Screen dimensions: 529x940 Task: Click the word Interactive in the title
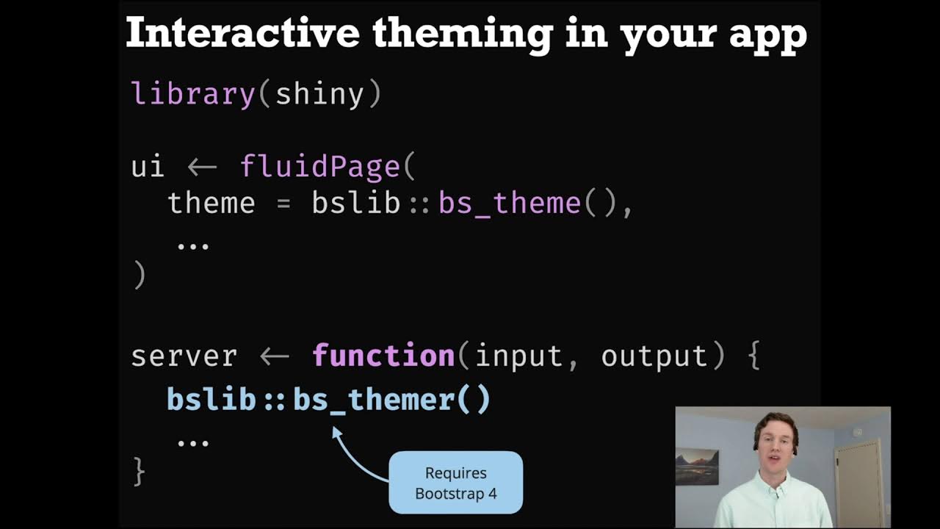(x=242, y=34)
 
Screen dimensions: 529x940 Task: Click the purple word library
(x=192, y=95)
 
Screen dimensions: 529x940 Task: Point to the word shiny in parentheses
(x=319, y=95)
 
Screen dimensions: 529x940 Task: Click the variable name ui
(x=148, y=167)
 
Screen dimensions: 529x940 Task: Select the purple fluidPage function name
(x=319, y=168)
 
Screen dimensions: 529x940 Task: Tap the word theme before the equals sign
(x=211, y=204)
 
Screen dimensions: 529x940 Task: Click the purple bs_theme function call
(x=510, y=204)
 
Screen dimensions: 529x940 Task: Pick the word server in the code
(x=184, y=356)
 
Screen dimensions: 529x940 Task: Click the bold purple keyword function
(x=383, y=356)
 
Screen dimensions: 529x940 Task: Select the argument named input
(x=518, y=356)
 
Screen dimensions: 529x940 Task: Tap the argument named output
(x=654, y=356)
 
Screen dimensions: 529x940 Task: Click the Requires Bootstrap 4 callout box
(x=455, y=483)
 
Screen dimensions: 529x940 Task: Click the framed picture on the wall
(x=697, y=466)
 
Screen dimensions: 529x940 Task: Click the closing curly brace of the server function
(x=139, y=471)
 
